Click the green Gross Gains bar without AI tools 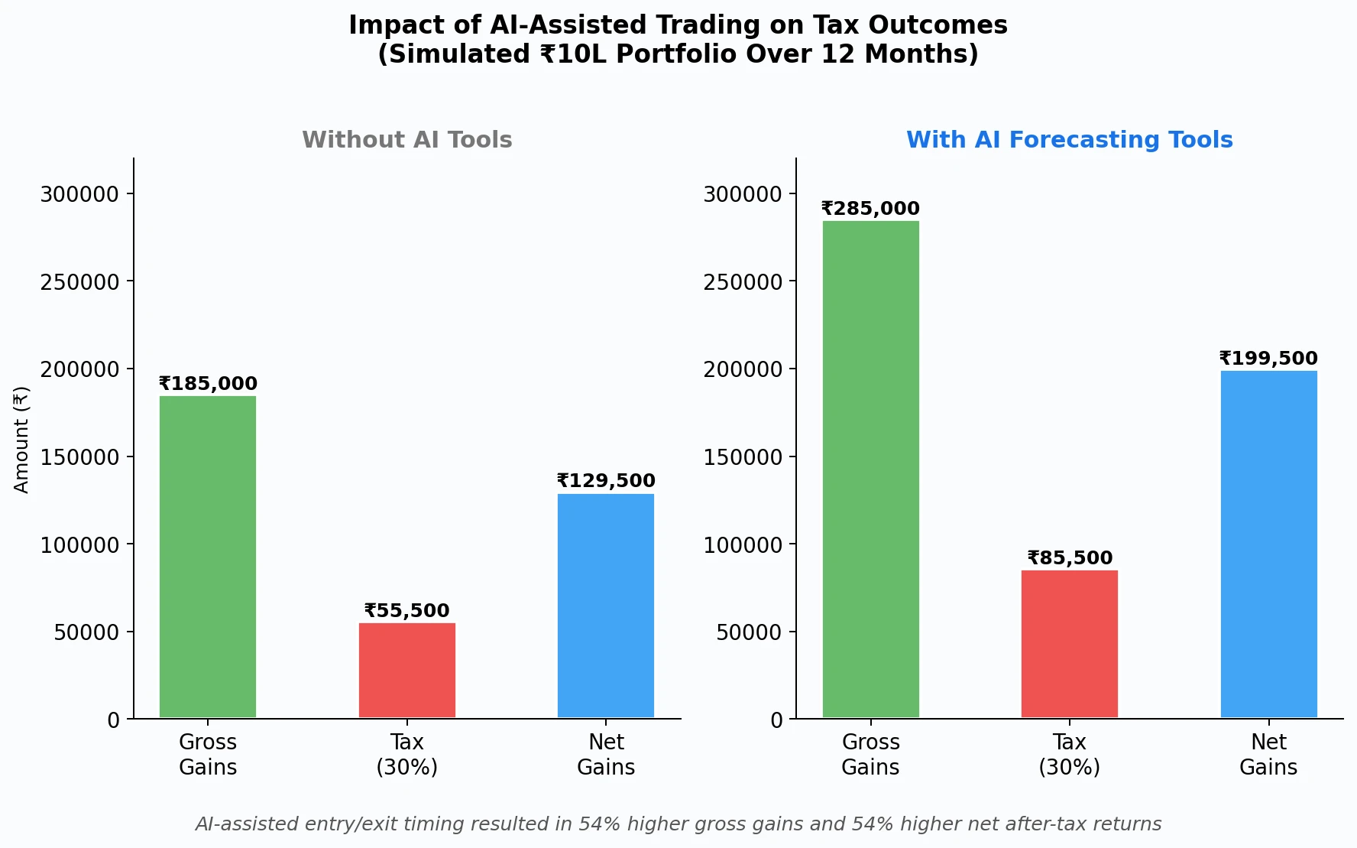click(208, 557)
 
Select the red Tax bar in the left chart click(407, 671)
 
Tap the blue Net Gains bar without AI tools click(606, 606)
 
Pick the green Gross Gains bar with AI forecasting click(870, 469)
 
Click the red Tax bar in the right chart click(1070, 644)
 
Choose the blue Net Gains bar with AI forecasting click(1268, 544)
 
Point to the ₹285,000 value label click(870, 209)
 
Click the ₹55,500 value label click(407, 611)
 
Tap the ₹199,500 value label click(1268, 359)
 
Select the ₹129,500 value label click(606, 481)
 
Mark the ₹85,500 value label click(1070, 558)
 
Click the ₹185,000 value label click(208, 384)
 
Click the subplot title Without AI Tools click(407, 140)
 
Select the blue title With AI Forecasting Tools click(1070, 140)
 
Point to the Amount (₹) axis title click(21, 440)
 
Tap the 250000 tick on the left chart click(79, 282)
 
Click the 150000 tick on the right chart click(743, 457)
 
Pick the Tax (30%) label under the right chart click(1070, 755)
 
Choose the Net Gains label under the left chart click(606, 755)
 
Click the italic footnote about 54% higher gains click(678, 824)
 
